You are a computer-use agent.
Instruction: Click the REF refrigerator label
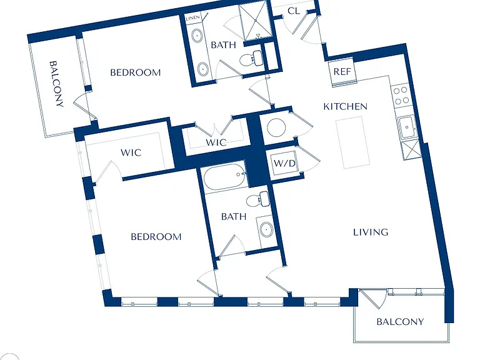(x=342, y=72)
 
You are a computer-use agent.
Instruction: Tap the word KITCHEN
(x=345, y=106)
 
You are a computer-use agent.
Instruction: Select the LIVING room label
(x=371, y=232)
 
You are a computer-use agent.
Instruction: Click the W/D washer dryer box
(x=284, y=163)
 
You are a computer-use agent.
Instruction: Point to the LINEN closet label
(x=193, y=17)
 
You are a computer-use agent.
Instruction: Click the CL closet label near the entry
(x=294, y=11)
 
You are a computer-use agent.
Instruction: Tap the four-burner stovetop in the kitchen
(x=401, y=95)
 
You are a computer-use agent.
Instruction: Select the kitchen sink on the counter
(x=407, y=127)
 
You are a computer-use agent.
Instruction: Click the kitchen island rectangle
(x=351, y=144)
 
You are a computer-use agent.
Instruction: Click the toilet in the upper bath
(x=251, y=58)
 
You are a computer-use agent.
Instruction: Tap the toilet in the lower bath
(x=257, y=199)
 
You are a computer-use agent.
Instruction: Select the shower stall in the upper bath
(x=255, y=21)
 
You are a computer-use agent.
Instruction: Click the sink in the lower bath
(x=267, y=229)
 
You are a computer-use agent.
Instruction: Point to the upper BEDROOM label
(x=135, y=72)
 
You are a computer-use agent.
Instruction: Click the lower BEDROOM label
(x=156, y=237)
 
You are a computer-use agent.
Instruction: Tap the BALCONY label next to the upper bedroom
(x=57, y=84)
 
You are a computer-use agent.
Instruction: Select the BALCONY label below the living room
(x=400, y=322)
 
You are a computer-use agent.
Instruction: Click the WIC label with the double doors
(x=216, y=142)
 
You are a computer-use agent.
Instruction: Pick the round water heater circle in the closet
(x=276, y=127)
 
